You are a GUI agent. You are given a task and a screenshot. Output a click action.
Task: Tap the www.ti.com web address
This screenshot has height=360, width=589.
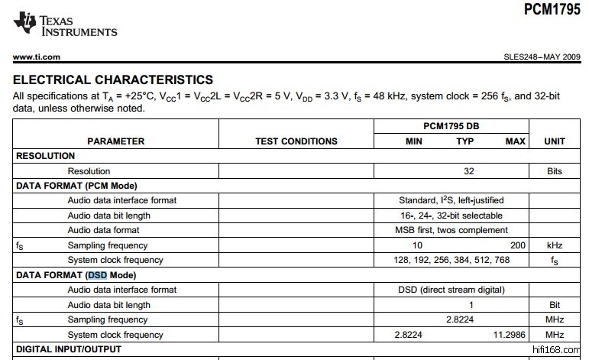point(37,57)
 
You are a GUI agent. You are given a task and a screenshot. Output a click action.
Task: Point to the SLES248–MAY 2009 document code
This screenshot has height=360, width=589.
point(542,57)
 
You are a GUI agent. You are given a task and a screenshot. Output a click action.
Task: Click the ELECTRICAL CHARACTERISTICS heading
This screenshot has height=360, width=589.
point(113,79)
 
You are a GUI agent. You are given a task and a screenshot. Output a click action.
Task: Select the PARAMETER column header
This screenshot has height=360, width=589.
point(116,141)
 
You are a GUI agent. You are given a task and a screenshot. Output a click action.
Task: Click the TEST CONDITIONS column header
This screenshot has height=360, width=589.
point(296,141)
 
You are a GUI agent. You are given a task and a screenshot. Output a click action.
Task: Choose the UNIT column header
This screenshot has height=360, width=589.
point(555,141)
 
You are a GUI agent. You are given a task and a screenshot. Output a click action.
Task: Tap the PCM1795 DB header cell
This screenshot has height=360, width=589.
point(451,125)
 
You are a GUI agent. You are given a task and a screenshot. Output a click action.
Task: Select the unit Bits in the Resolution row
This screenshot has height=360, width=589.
point(555,171)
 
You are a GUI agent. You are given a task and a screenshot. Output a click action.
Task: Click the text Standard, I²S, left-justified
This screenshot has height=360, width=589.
point(451,200)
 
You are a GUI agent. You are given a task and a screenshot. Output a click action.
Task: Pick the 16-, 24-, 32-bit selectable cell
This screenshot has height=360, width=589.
point(451,216)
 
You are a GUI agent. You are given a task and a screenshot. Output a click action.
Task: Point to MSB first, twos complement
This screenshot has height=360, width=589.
point(451,230)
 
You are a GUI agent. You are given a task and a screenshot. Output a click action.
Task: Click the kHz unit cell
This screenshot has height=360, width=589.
point(555,245)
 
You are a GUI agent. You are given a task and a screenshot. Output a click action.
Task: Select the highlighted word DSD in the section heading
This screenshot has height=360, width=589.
point(97,275)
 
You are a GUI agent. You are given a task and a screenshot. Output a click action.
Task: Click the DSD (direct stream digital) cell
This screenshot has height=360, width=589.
point(451,290)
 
